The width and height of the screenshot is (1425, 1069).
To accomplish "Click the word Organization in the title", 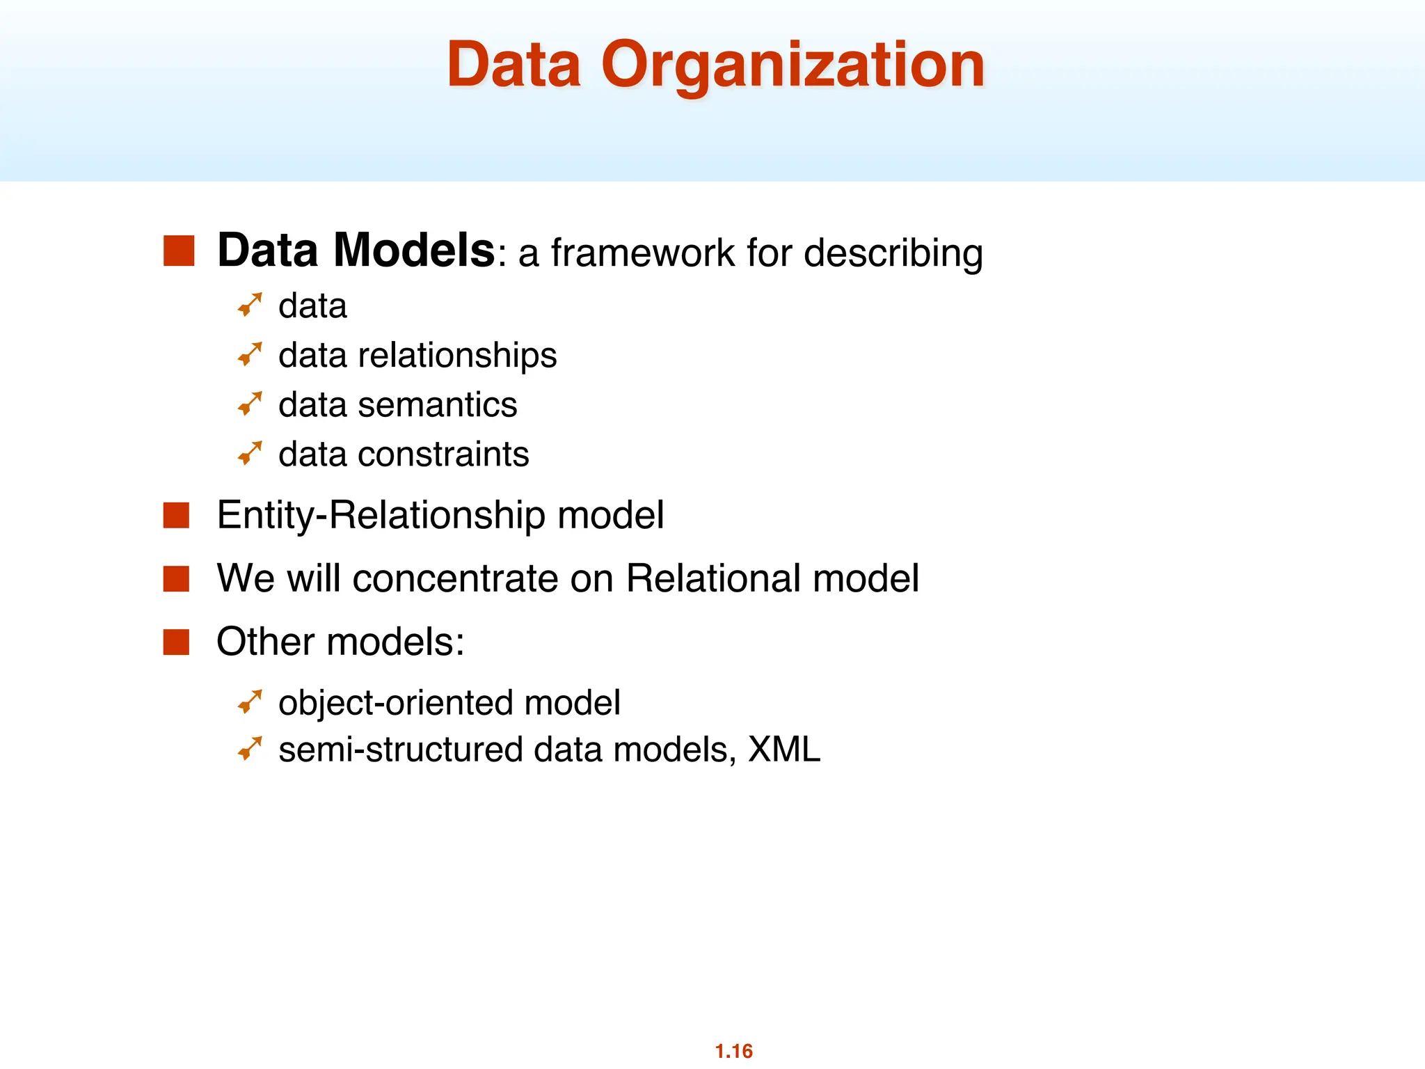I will coord(793,66).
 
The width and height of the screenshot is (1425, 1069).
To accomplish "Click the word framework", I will coord(642,253).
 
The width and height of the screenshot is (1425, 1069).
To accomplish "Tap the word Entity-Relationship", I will coord(381,516).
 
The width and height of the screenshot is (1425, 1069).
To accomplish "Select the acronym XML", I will coord(783,750).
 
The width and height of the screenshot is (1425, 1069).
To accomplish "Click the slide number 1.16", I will coord(733,1051).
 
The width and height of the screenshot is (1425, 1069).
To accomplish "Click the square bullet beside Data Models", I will coord(178,251).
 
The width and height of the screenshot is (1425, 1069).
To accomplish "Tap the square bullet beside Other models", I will coord(176,642).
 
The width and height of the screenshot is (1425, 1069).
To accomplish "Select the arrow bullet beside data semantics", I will coord(250,404).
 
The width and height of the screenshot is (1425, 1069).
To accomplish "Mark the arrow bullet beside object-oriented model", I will coord(250,702).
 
